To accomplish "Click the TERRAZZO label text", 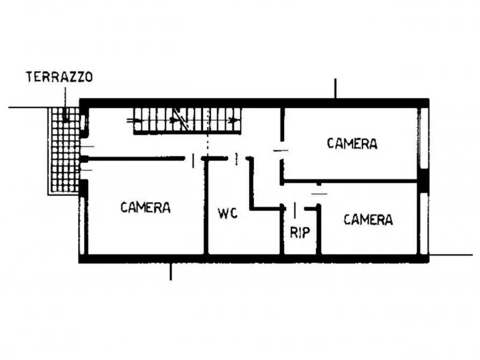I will point(59,77).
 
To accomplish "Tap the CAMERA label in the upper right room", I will point(352,143).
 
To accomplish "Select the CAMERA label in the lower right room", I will point(368,219).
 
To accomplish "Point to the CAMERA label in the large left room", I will point(145,207).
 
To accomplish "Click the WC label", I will point(227,213).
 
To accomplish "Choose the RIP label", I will point(300,232).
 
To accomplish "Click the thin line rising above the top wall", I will point(335,89).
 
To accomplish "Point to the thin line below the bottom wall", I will point(170,271).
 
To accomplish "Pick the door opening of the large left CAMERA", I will point(194,159).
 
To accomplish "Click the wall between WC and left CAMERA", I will point(205,207).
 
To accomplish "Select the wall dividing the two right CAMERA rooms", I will point(349,182).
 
